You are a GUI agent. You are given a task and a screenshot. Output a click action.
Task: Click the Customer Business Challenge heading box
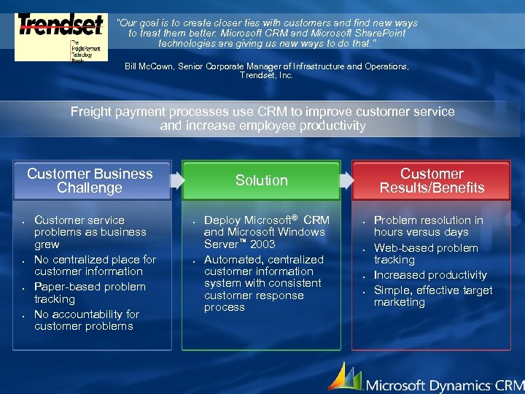click(90, 181)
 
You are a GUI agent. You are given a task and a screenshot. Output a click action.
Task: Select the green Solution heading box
click(261, 180)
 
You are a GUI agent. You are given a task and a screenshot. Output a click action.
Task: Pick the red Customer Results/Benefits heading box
click(432, 181)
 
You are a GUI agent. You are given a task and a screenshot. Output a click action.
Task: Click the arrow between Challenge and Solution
click(176, 179)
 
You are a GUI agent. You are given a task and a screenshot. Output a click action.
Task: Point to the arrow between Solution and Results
click(346, 179)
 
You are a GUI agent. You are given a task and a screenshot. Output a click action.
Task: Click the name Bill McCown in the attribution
click(148, 66)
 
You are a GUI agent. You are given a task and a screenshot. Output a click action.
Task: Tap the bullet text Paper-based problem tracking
click(90, 293)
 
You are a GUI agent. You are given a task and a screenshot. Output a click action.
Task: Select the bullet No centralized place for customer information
click(95, 265)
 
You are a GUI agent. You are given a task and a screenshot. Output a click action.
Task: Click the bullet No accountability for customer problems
click(86, 320)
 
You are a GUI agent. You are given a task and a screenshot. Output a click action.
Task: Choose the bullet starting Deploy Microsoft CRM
click(266, 231)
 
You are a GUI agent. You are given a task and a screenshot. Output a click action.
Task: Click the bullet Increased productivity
click(430, 275)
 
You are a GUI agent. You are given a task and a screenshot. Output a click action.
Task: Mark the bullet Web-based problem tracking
click(426, 253)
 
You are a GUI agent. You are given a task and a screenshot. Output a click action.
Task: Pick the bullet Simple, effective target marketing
click(433, 296)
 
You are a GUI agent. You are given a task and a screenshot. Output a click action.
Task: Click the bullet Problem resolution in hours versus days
click(428, 225)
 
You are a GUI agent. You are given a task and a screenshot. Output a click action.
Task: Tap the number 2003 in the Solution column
click(262, 244)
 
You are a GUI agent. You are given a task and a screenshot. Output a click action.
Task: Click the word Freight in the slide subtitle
click(91, 112)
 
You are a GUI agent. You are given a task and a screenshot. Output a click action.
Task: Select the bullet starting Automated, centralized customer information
click(263, 283)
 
